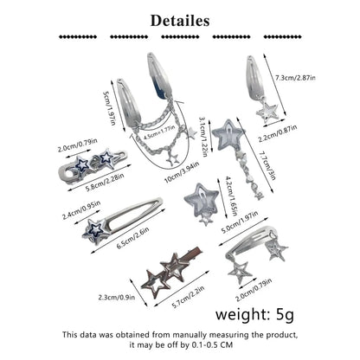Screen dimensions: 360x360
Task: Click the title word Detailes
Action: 180,21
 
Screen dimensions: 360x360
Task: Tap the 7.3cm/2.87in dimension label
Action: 295,78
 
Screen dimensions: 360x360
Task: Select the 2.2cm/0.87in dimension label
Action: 278,133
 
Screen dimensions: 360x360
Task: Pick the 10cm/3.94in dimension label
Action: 182,172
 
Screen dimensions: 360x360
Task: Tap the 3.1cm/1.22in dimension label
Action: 203,137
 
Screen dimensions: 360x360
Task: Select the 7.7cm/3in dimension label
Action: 267,165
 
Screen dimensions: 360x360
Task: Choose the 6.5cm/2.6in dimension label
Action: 132,238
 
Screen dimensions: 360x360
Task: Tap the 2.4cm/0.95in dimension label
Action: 81,209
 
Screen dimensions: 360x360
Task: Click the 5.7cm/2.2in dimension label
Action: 188,297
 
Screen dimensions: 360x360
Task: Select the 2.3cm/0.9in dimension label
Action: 117,297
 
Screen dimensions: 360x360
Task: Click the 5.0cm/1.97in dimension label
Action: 239,222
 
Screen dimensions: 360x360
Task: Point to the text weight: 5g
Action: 255,314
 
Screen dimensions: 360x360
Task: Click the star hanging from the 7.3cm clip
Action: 267,112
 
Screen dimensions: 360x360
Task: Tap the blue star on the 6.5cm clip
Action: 95,232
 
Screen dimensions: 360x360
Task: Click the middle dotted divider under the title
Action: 180,37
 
